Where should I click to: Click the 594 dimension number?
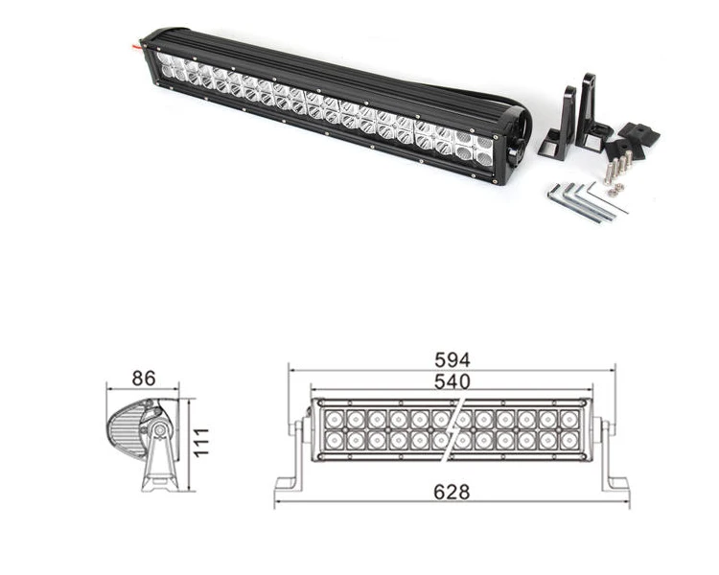452,359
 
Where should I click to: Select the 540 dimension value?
452,381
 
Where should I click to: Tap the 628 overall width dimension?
452,492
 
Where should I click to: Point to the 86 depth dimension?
143,379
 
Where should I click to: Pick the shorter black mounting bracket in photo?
560,125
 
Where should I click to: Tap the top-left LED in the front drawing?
335,419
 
